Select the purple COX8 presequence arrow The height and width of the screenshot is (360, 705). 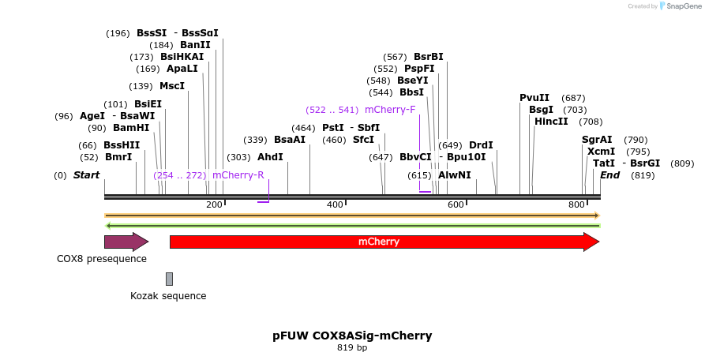[126, 242]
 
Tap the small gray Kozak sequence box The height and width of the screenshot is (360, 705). [169, 279]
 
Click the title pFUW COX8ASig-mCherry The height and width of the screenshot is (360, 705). [352, 336]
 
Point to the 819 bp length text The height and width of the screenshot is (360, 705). [352, 347]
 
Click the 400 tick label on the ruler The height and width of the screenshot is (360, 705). [335, 204]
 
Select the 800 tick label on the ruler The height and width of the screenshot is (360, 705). [576, 204]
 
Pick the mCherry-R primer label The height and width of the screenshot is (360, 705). [238, 175]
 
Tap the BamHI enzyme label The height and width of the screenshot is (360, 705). [130, 127]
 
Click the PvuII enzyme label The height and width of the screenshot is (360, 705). [534, 98]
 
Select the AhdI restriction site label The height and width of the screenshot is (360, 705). [270, 157]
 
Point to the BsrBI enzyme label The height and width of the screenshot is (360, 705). [429, 57]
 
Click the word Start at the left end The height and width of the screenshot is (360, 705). [87, 175]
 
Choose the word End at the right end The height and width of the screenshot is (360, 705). [609, 175]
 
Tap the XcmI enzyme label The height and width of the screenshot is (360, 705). [602, 152]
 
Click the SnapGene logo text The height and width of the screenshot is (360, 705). [684, 6]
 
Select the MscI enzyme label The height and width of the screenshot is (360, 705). [172, 86]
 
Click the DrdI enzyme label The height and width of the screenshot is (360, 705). [481, 145]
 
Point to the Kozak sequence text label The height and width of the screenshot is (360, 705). [168, 296]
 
